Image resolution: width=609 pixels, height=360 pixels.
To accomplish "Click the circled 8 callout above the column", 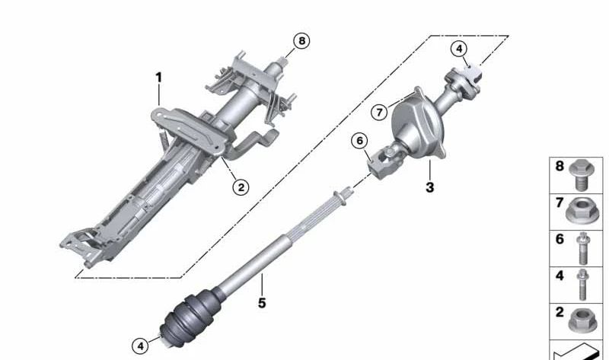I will click(x=302, y=41).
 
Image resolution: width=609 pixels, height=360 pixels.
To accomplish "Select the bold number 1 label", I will click(x=159, y=77).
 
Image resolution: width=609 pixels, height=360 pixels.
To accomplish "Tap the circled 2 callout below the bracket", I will click(x=241, y=185).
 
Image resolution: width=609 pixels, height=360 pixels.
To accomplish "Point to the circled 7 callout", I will click(x=378, y=112).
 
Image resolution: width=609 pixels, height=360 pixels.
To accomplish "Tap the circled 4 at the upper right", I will click(x=458, y=49).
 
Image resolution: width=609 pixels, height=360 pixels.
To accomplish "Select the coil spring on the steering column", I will click(x=163, y=139).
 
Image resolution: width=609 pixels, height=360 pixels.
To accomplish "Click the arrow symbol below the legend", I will click(x=579, y=351).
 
